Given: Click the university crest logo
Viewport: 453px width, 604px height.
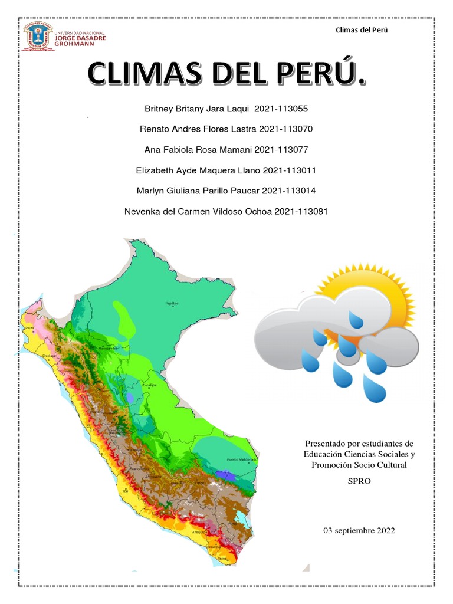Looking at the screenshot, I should pos(37,35).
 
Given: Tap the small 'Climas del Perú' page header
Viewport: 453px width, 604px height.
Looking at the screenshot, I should pos(361,30).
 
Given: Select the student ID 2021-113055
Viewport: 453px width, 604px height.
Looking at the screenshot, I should pos(281,109).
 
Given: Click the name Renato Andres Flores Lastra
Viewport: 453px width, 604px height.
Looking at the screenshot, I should pos(197,129).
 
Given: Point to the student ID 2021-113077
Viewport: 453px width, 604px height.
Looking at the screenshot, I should pos(281,150).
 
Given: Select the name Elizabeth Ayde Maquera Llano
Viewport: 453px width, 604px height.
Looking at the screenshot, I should pos(199,170).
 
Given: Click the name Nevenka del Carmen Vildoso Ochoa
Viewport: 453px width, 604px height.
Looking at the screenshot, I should pos(198,211).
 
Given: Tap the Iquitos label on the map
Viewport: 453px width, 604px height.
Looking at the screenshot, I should pos(172,303).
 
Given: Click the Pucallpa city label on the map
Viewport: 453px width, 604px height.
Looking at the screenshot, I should pos(147,385).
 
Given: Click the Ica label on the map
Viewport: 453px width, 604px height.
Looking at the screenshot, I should pos(125,490).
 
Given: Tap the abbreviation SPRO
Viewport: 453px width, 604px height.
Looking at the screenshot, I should pos(359,481).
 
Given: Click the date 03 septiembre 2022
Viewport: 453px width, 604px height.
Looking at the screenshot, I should pos(359,531).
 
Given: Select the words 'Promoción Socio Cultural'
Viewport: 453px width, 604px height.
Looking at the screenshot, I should pos(359,465).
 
